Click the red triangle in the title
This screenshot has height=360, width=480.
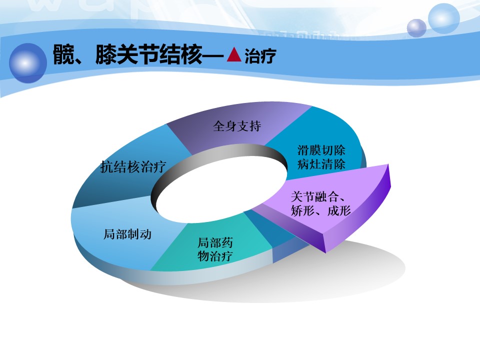pyautogui.click(x=234, y=54)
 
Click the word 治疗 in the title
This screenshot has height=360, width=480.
pyautogui.click(x=260, y=55)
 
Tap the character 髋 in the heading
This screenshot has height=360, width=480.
pyautogui.click(x=63, y=54)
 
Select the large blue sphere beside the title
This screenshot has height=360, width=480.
pyautogui.click(x=28, y=63)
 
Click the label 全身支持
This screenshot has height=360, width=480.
pyautogui.click(x=237, y=126)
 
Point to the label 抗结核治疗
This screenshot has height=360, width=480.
pyautogui.click(x=133, y=167)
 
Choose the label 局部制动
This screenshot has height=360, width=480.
pyautogui.click(x=127, y=234)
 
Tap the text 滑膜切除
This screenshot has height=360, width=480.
pyautogui.click(x=321, y=150)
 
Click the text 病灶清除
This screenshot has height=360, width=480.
pyautogui.click(x=321, y=164)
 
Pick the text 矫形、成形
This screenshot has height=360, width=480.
pyautogui.click(x=321, y=210)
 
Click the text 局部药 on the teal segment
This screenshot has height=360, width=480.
pyautogui.click(x=215, y=243)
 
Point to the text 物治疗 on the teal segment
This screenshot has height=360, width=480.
pyautogui.click(x=215, y=256)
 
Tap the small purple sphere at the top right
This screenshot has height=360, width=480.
pyautogui.click(x=416, y=28)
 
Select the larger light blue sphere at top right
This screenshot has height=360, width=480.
pyautogui.click(x=444, y=18)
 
